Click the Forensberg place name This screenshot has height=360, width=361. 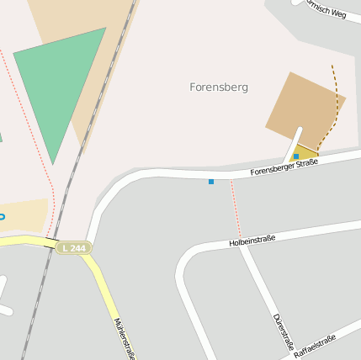(219, 87)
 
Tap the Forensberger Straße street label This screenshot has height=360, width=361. (284, 168)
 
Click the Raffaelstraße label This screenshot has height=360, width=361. (315, 347)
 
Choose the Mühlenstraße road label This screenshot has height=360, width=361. (123, 337)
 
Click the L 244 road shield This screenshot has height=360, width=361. (73, 248)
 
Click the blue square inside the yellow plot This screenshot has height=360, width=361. (296, 156)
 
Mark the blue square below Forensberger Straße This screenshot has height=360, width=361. (211, 182)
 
